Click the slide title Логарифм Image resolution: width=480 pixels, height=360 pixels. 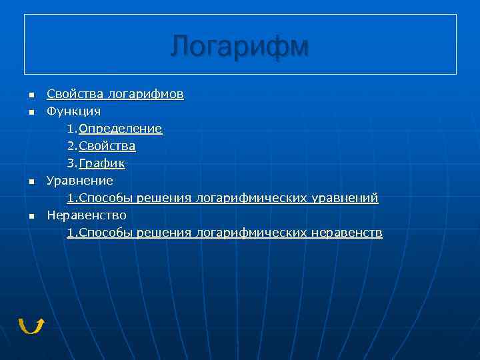pos(239,47)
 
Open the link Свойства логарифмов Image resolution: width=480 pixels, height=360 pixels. pos(115,94)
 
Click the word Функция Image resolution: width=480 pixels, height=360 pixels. pos(73,111)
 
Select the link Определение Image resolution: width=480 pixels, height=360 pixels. pos(120,128)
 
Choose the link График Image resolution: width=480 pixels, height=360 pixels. pos(102,163)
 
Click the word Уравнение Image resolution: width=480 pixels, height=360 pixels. pos(79,181)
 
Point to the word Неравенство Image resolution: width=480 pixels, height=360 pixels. pos(86,215)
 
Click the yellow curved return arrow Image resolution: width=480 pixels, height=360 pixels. pos(31,325)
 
